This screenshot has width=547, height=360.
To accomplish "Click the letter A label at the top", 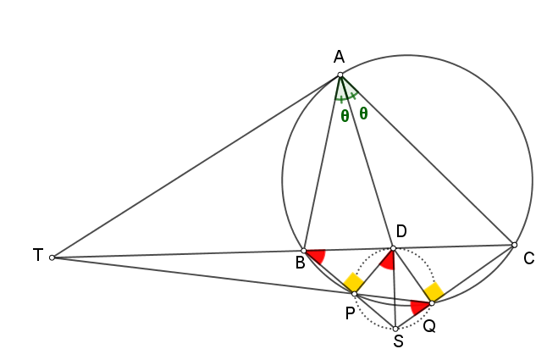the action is [339, 57].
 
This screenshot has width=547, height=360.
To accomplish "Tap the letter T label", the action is [38, 255].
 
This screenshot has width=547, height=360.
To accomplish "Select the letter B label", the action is [301, 263].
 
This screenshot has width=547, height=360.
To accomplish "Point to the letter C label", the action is [529, 258].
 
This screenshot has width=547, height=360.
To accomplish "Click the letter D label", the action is [401, 231].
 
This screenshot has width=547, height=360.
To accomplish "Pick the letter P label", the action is [351, 313].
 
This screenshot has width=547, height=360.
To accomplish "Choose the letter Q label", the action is [429, 326].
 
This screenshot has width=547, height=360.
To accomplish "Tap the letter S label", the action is [398, 341].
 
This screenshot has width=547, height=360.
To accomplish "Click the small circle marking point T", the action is [52, 258].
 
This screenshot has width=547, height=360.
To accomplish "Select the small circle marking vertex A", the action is [340, 75].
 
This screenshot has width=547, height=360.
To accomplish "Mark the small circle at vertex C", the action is [514, 246].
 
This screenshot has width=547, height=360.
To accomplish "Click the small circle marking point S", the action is [395, 329].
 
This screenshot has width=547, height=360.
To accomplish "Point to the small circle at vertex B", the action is [303, 251].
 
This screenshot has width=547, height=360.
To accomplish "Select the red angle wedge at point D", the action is [389, 261].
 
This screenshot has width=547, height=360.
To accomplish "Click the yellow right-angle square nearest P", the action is [354, 282].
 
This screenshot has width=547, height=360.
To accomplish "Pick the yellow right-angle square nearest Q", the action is [434, 291].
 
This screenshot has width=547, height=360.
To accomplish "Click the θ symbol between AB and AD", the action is [345, 115].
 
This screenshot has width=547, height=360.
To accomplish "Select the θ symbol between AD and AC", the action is [363, 114].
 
